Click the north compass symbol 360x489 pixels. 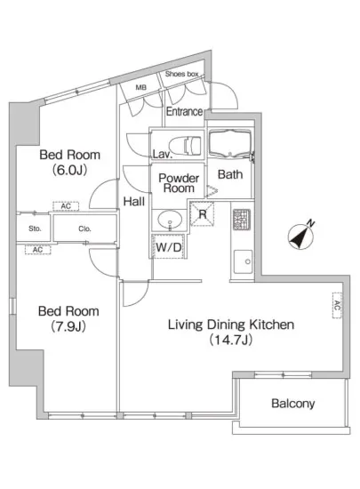click(300, 236)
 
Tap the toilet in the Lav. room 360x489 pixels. click(185, 145)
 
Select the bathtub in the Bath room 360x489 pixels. click(230, 144)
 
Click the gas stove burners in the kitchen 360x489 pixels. click(242, 220)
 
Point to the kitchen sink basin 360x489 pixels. click(244, 261)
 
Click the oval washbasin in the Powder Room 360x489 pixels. click(170, 220)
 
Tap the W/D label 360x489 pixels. click(168, 247)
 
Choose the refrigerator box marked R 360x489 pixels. click(203, 214)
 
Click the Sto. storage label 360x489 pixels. click(35, 228)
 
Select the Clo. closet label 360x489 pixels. click(84, 228)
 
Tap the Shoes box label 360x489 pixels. click(181, 74)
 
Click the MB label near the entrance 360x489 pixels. click(140, 88)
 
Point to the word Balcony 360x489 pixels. click(293, 404)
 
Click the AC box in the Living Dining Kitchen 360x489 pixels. click(337, 305)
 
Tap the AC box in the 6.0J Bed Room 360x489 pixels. click(66, 206)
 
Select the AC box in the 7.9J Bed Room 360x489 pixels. click(37, 250)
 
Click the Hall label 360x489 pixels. click(134, 202)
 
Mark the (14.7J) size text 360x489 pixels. click(230, 340)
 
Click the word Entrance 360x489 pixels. click(184, 111)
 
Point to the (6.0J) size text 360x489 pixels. click(70, 170)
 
